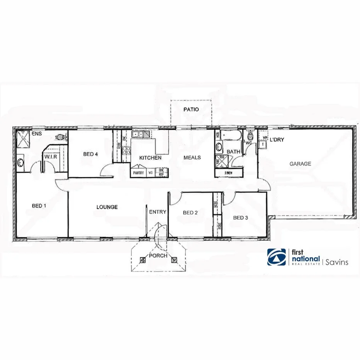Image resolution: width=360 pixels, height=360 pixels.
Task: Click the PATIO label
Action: tap(191, 109)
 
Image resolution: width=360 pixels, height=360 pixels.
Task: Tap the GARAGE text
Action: tap(300, 164)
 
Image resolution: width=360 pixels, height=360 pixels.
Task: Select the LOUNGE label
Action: tap(107, 207)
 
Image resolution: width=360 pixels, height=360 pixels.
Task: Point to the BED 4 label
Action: tap(90, 154)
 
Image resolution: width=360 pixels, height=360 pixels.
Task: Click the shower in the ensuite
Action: tap(23, 138)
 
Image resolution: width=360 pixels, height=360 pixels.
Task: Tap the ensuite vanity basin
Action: tap(20, 162)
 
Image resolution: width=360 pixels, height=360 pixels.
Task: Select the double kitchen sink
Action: tap(138, 134)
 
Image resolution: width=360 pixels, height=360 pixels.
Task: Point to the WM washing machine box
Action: tap(265, 137)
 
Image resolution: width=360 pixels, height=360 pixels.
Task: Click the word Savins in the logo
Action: tap(336, 262)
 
